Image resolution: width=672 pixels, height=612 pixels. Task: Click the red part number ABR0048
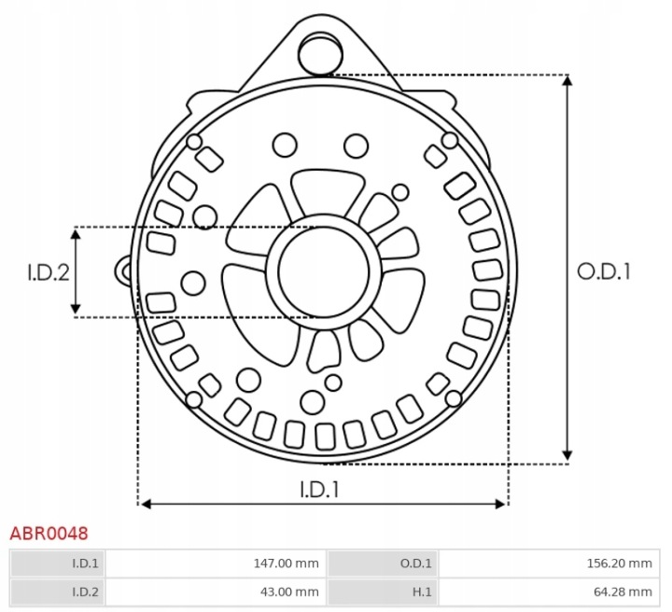pos(49,534)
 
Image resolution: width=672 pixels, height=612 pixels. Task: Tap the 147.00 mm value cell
pos(216,563)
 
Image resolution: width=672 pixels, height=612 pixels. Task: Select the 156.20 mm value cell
pos(550,563)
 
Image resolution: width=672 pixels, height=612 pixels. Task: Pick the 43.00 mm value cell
pos(216,591)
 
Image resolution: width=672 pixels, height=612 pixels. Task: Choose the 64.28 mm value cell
pos(550,591)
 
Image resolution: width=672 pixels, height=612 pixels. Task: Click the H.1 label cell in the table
pos(383,591)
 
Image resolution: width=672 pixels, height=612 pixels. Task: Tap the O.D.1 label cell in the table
pos(383,563)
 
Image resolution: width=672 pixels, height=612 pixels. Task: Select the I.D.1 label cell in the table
pos(57,563)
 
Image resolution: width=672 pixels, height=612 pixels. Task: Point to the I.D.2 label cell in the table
pos(57,591)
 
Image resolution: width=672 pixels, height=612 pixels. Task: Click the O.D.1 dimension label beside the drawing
pos(604,271)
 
